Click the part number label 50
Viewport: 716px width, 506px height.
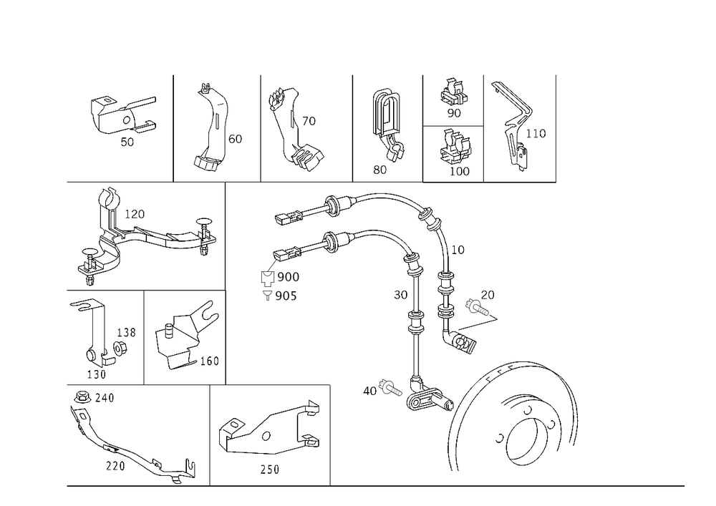(x=127, y=142)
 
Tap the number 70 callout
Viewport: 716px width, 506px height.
(x=309, y=121)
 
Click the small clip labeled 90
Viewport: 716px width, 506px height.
(x=455, y=92)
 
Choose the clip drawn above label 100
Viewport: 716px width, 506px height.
(x=455, y=146)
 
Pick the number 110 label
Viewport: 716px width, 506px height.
(x=536, y=133)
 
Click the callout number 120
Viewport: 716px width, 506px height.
(x=135, y=214)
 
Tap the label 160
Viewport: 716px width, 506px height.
(x=210, y=361)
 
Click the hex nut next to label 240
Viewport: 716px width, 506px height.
(x=82, y=397)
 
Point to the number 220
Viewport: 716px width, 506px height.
(x=115, y=466)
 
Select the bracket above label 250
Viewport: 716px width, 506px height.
(x=269, y=429)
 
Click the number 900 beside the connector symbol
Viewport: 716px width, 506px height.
(x=288, y=277)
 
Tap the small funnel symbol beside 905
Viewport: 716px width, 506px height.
(x=267, y=295)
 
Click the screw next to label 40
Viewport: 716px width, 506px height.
(x=390, y=389)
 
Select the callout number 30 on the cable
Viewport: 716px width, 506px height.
(x=400, y=295)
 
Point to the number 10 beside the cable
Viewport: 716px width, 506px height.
(x=458, y=250)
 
